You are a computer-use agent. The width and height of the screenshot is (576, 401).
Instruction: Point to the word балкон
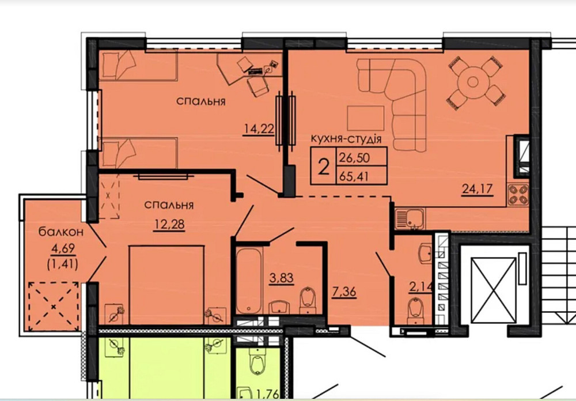coord(62,232)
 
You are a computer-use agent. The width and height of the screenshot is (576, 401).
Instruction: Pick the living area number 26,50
coord(355,156)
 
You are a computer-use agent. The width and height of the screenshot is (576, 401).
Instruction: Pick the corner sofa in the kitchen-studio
coord(397,98)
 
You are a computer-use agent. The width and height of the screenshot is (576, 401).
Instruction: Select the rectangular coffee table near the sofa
coord(365,119)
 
